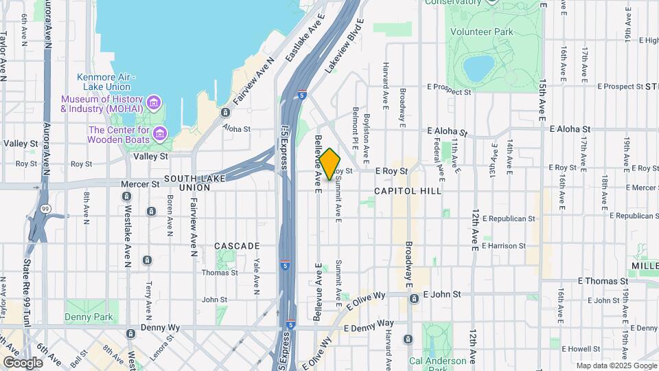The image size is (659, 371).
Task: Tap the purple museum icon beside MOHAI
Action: click(x=154, y=104)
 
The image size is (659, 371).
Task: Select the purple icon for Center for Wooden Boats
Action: click(x=160, y=132)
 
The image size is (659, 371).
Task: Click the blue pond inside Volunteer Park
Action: click(x=478, y=68)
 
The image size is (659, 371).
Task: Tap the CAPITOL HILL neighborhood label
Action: click(x=408, y=190)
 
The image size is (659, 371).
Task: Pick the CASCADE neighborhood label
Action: click(x=237, y=245)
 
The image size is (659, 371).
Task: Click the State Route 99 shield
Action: click(x=45, y=207)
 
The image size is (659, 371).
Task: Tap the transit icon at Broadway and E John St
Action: click(x=414, y=298)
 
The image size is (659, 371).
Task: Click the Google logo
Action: click(x=23, y=362)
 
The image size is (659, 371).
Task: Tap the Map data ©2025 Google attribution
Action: click(x=615, y=366)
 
